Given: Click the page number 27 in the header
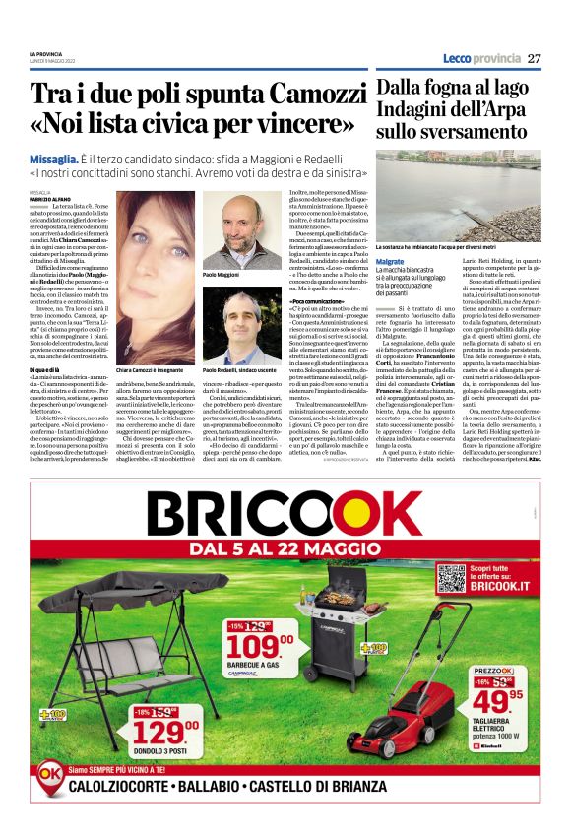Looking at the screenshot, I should (534, 58).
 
